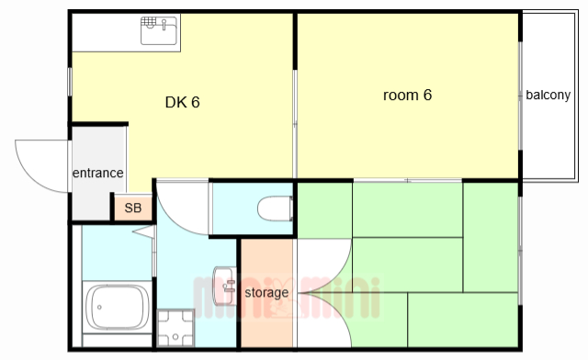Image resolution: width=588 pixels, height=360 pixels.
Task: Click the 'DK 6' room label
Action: point(182,102)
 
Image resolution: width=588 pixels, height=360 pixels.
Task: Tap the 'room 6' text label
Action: point(407,95)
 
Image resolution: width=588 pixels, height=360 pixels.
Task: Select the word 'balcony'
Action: point(548,95)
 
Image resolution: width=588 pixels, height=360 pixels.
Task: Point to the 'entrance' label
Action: point(98,173)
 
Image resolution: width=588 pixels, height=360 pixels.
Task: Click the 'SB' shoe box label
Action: point(132,208)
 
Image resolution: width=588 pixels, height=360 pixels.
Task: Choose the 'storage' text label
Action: point(266,292)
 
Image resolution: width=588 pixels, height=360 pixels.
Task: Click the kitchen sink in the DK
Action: point(159,30)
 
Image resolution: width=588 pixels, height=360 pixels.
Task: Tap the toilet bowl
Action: point(276,208)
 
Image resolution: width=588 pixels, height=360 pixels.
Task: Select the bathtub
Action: point(118,307)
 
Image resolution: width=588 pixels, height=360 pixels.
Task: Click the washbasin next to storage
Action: point(224,286)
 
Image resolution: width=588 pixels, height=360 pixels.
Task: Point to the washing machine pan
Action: point(175,328)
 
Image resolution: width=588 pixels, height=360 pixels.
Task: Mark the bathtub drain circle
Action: point(99,307)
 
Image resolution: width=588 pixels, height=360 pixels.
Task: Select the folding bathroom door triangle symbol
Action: point(144,231)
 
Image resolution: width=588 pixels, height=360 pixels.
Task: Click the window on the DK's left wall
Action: point(70,82)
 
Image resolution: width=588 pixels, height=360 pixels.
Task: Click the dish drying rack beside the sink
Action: point(149,22)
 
